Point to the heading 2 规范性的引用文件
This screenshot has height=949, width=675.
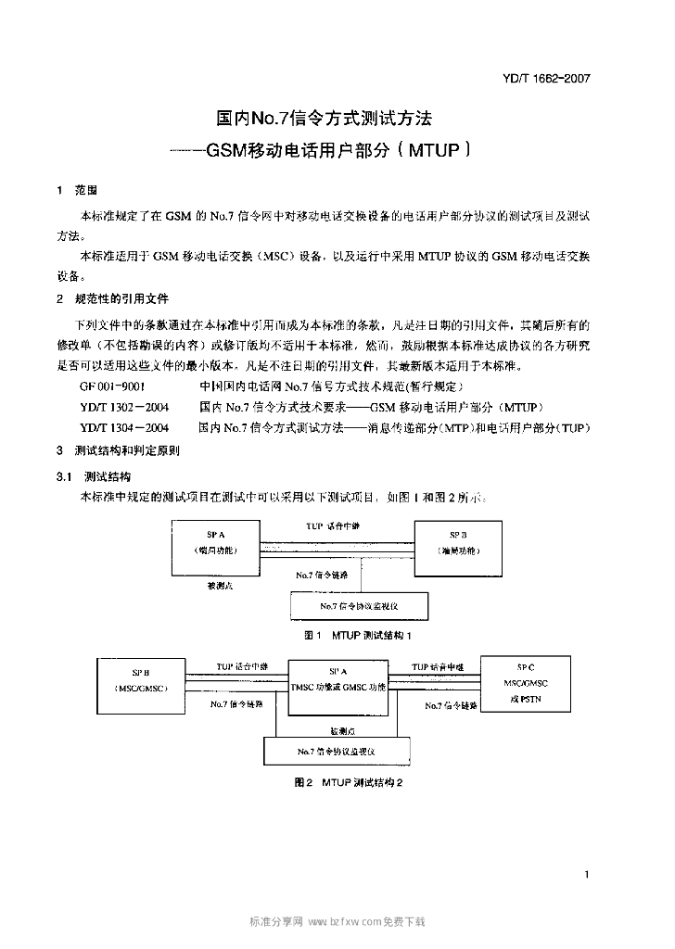pyautogui.click(x=112, y=298)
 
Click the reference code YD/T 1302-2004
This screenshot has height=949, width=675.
pyautogui.click(x=124, y=407)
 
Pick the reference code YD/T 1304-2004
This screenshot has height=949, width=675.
pyautogui.click(x=124, y=428)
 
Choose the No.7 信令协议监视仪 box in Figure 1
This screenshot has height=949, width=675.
pyautogui.click(x=360, y=606)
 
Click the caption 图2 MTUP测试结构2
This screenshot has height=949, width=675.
pyautogui.click(x=348, y=782)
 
